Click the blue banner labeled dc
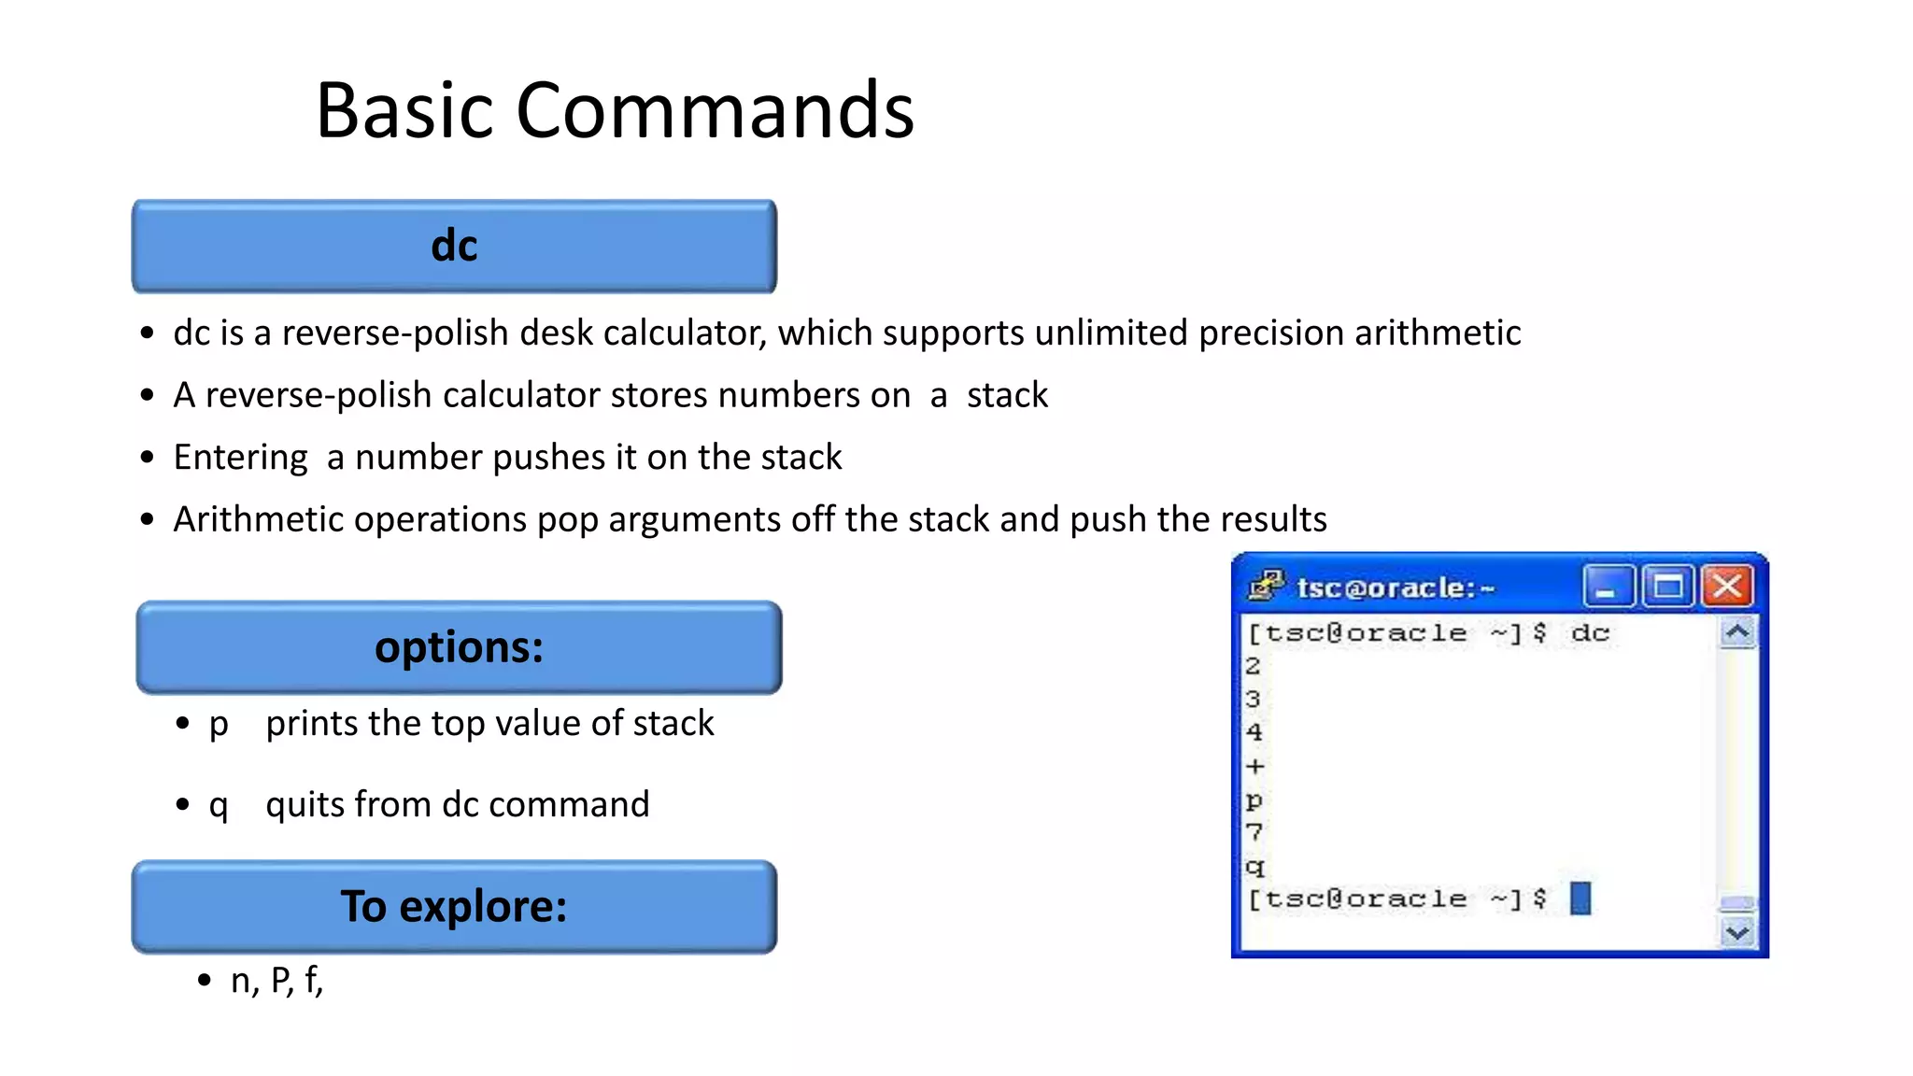454,247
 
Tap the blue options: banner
459,647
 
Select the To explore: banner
454,907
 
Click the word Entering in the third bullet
240,458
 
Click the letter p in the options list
219,725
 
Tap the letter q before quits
219,806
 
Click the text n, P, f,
276,981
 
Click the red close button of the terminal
1726,587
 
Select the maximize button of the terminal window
1668,587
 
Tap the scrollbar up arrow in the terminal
1737,633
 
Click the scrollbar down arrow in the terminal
1737,932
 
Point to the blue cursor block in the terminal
1580,899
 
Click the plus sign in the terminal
1255,767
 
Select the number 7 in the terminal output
1254,831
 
